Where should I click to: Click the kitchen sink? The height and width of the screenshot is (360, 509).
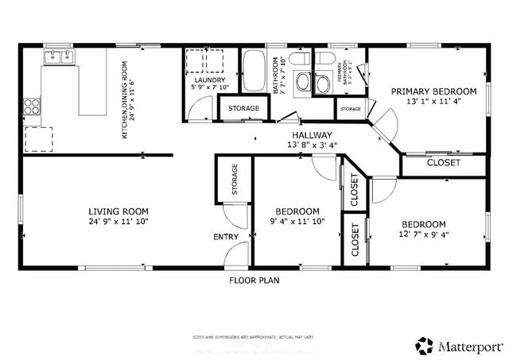point(57,56)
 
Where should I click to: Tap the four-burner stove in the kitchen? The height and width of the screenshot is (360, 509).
point(32,106)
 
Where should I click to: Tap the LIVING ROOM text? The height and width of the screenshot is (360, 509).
point(118,211)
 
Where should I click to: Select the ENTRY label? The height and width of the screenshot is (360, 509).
point(225,237)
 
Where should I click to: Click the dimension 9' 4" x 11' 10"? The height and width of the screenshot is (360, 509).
point(297,222)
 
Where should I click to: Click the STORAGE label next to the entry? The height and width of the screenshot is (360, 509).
point(235,180)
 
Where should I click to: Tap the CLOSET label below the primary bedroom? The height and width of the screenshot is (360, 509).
point(444,164)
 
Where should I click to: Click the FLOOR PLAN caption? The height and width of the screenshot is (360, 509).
point(254,280)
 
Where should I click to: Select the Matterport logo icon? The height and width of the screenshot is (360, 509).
point(424,345)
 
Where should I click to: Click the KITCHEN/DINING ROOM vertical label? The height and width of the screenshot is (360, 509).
point(125,100)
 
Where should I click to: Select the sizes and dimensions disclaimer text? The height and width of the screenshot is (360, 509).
point(254,338)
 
